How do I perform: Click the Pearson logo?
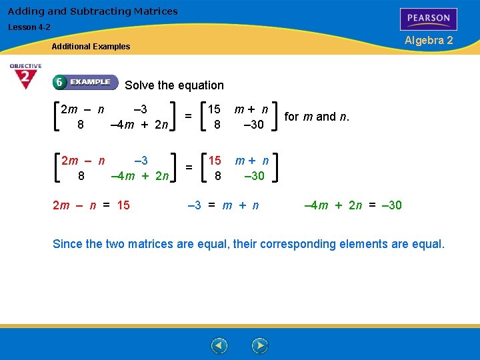click(429, 19)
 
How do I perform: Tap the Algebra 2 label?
click(429, 40)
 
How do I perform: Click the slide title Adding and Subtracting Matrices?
click(93, 11)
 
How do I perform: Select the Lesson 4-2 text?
click(29, 27)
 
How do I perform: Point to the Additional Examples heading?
click(91, 47)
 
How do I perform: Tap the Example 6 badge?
click(85, 82)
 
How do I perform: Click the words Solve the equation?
click(174, 85)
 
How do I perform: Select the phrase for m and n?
click(317, 117)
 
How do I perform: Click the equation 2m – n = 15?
click(91, 205)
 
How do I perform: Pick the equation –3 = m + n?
click(223, 205)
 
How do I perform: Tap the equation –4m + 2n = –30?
click(353, 205)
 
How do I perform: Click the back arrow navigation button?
click(219, 346)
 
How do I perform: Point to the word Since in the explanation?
click(67, 244)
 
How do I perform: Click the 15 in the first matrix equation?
click(215, 109)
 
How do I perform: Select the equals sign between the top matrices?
click(189, 116)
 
